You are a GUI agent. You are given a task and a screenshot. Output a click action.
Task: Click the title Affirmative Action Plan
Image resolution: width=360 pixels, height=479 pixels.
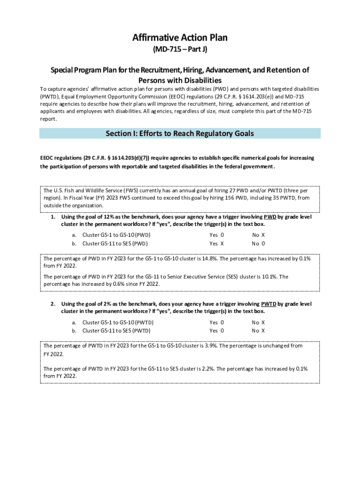(x=180, y=37)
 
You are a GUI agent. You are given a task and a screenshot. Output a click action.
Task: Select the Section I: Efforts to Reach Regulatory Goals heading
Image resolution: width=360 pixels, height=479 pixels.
(x=180, y=134)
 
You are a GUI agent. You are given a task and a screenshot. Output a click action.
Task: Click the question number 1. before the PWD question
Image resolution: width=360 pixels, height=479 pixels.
(x=53, y=217)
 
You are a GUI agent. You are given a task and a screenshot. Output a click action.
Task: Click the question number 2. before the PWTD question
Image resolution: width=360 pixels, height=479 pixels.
(x=53, y=304)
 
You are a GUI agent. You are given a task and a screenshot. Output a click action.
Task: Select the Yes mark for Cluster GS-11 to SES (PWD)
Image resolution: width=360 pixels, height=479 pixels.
(x=222, y=244)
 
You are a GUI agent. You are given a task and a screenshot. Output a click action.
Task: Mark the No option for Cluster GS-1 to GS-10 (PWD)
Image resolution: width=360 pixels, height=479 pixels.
(x=263, y=235)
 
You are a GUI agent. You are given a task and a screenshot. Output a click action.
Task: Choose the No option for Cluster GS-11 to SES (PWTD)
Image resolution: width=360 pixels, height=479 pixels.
(x=263, y=331)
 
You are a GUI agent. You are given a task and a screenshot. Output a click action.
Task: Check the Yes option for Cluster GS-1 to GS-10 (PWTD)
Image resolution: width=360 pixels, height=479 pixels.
(x=222, y=322)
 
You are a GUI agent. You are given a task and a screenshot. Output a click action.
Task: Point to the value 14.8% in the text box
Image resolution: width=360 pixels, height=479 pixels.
(x=209, y=259)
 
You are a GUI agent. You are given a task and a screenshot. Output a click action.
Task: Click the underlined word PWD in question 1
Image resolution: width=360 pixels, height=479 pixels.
(x=270, y=217)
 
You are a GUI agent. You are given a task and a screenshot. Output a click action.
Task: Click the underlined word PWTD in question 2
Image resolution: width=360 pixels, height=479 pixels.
(x=268, y=304)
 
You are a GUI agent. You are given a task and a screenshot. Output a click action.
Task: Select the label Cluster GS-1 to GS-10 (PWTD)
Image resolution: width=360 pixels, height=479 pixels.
(x=118, y=322)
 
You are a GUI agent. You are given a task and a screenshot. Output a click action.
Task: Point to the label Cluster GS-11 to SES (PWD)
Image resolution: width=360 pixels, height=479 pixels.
(x=115, y=244)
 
